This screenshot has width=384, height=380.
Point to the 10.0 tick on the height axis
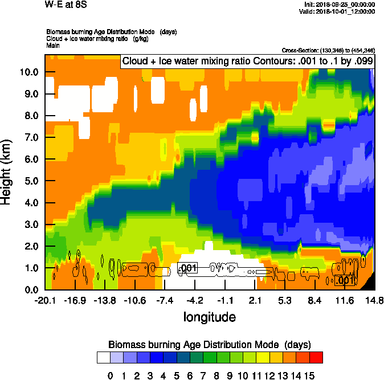28,72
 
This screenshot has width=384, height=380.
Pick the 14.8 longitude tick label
374,300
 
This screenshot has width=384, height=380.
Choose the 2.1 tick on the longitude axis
255,300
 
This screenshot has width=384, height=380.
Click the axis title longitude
209,316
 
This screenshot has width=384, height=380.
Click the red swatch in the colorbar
316,357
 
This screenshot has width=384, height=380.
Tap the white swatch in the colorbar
103,357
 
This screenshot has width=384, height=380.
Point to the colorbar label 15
309,375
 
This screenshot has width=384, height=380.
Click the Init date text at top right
340,5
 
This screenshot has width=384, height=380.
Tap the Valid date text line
340,11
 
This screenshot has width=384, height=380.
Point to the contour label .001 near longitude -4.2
188,268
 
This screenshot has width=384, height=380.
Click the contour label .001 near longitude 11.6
345,280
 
